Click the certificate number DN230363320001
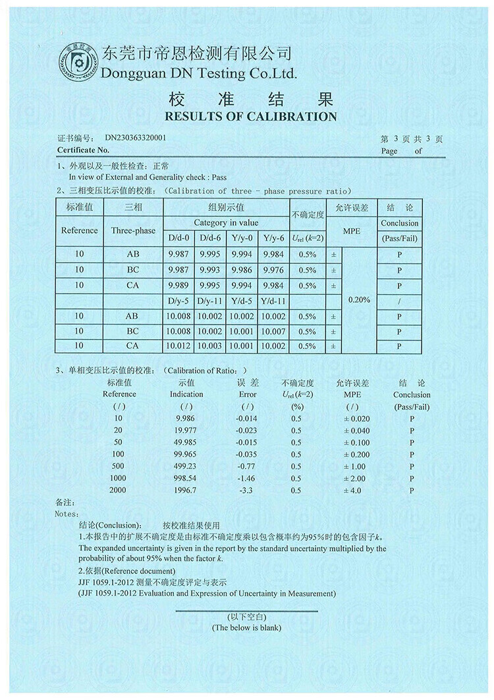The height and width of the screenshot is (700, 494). tap(135, 139)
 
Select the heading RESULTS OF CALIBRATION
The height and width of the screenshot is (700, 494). tap(250, 117)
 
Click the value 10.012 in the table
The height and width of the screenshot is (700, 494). tap(178, 346)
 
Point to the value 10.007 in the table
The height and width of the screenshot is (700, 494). tap(273, 331)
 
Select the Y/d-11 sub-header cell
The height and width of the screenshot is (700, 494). tap(273, 301)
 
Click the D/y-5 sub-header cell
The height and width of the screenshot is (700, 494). tap(178, 301)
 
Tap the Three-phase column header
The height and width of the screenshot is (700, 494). tap(133, 231)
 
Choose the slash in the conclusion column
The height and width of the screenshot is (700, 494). tap(399, 301)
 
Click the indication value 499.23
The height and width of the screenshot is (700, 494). tap(186, 466)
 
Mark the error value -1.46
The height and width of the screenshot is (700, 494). tap(248, 478)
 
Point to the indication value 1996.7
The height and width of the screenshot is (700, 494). tap(186, 491)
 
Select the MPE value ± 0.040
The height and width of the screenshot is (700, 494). tap(352, 430)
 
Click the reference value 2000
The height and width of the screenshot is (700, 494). tap(119, 491)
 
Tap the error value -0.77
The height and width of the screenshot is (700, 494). tap(248, 466)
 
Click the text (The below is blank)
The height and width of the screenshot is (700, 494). tap(246, 627)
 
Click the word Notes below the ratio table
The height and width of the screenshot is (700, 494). tap(67, 513)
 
